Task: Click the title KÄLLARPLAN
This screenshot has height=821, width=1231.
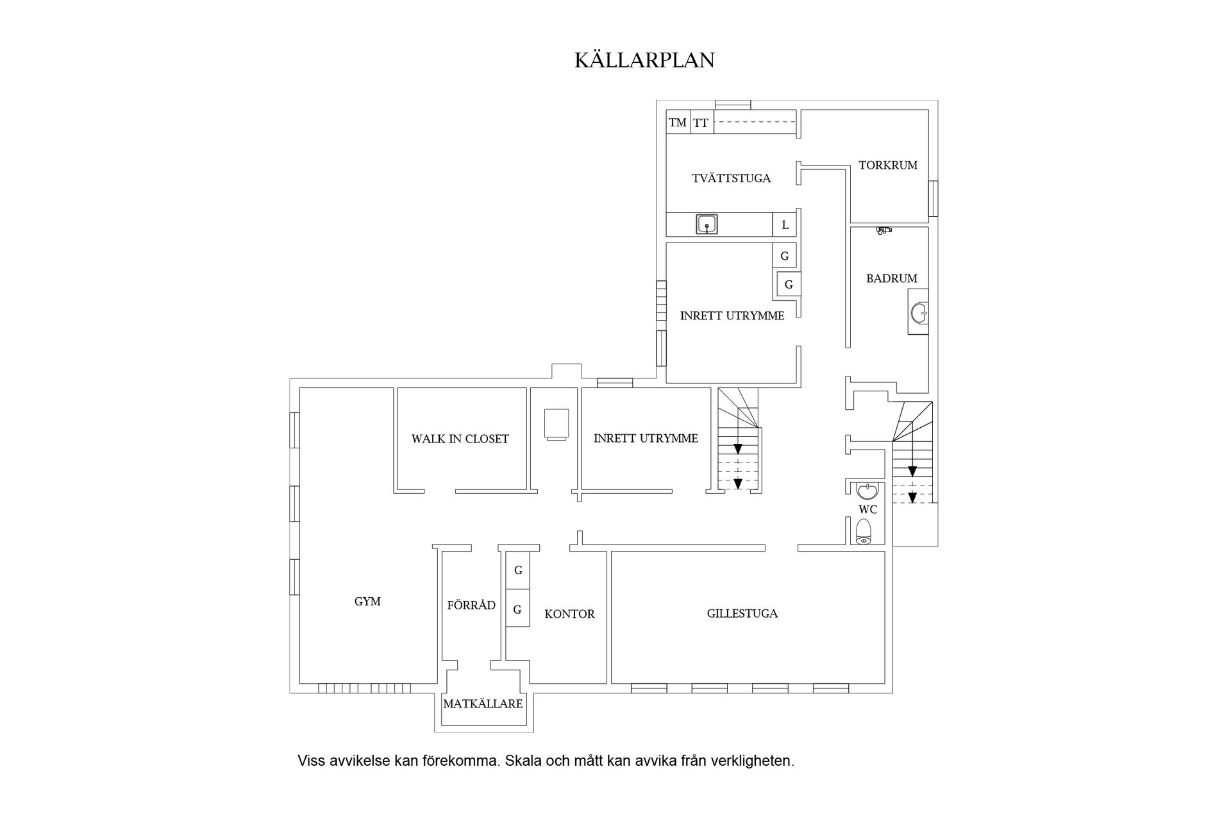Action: pyautogui.click(x=644, y=60)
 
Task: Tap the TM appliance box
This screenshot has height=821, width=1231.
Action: pyautogui.click(x=678, y=122)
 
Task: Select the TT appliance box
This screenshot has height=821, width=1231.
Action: pyautogui.click(x=701, y=122)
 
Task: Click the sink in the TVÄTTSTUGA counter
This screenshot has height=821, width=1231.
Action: pyautogui.click(x=707, y=224)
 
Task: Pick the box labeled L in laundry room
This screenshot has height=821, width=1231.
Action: pyautogui.click(x=785, y=225)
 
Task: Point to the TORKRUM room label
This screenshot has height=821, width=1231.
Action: pyautogui.click(x=888, y=165)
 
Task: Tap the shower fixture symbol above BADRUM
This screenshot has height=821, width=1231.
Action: pyautogui.click(x=884, y=230)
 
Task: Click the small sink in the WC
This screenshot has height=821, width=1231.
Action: pyautogui.click(x=867, y=491)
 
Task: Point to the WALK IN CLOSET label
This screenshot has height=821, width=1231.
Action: pyautogui.click(x=460, y=439)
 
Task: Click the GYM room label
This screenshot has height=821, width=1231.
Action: pyautogui.click(x=367, y=602)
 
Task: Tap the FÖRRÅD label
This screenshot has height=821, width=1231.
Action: pyautogui.click(x=471, y=605)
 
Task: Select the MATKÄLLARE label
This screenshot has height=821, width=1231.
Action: pyautogui.click(x=483, y=704)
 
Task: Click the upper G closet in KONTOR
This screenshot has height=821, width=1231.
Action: pyautogui.click(x=518, y=570)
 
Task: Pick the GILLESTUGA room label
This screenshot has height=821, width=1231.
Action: pyautogui.click(x=742, y=614)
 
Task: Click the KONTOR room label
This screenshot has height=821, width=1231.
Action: pyautogui.click(x=569, y=614)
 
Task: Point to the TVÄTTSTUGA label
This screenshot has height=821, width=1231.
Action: pyautogui.click(x=731, y=179)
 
